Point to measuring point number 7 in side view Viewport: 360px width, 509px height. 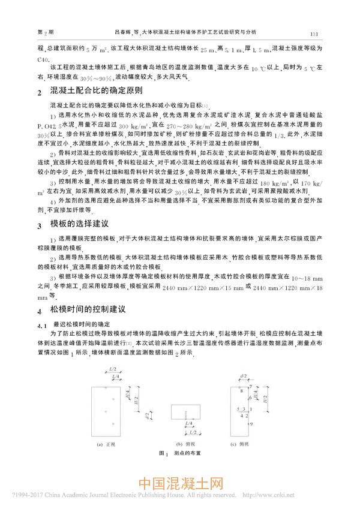(238, 390)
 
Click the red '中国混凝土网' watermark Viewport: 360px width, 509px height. (180, 483)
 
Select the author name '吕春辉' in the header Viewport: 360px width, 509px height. (123, 34)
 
